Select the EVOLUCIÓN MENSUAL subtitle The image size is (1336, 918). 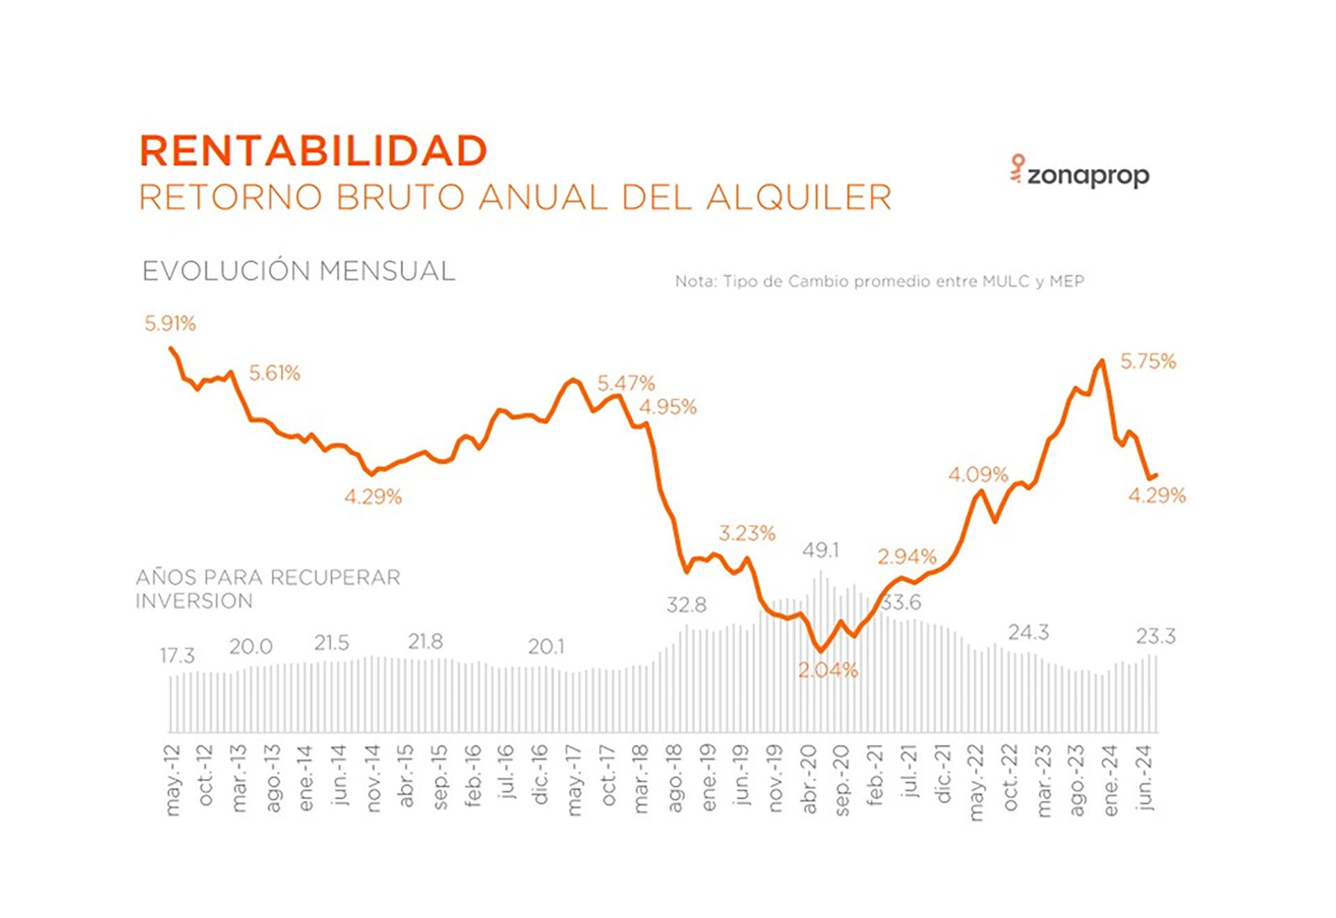pos(299,271)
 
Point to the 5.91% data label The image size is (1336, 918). pos(170,324)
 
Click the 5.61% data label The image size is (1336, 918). pos(275,374)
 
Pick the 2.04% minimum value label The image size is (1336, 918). pos(828,670)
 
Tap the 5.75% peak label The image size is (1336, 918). pos(1148,362)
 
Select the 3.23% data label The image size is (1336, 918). pos(747,534)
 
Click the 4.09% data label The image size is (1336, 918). pos(978,475)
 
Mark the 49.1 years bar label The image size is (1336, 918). pos(820,551)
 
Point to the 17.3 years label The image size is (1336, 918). pos(177,656)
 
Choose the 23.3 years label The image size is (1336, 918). pos(1156,637)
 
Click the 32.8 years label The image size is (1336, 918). pos(686,606)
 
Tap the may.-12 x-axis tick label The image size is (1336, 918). pos(173,779)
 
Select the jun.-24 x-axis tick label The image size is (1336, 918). pos(1145,778)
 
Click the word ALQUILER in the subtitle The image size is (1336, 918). pos(799,198)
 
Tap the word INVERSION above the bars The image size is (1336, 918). pos(194,601)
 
